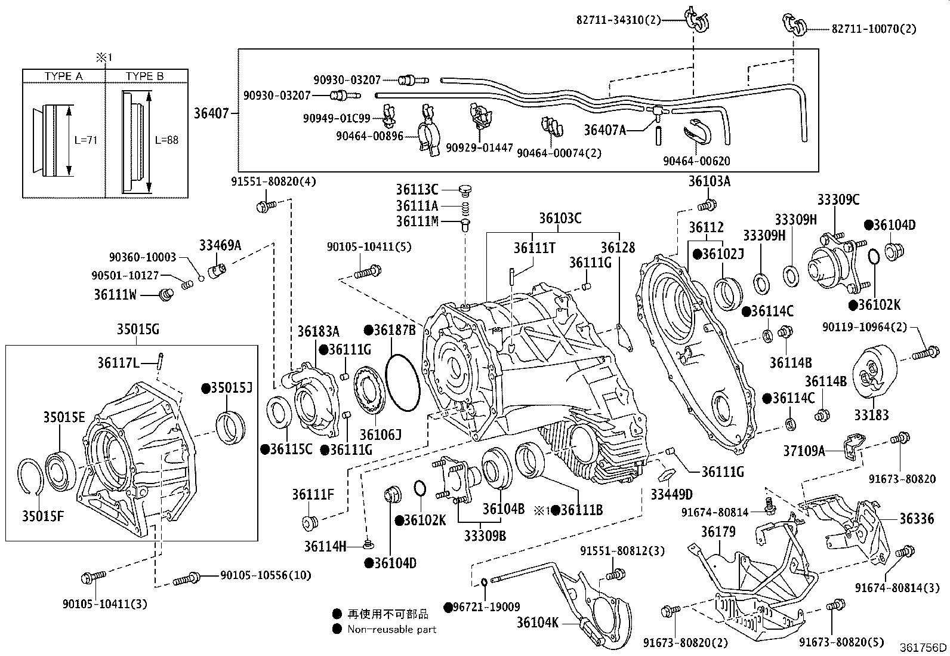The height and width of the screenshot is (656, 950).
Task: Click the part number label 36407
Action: coord(211,112)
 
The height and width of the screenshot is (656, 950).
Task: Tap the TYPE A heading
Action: coord(63,76)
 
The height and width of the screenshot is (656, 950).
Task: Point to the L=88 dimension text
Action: coord(166,140)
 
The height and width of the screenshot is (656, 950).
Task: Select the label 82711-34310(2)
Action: coord(619,20)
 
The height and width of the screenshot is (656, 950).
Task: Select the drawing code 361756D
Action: coord(923,648)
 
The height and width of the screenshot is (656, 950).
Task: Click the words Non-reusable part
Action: coord(392,629)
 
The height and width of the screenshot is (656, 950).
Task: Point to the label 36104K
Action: coord(537,623)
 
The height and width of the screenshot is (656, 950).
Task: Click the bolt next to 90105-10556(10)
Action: coord(187,578)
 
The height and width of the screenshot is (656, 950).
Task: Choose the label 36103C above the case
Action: coord(560,218)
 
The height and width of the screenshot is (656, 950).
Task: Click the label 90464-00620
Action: coord(696,161)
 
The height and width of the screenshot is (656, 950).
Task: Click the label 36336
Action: coord(917,519)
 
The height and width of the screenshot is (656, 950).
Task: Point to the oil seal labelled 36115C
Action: coord(278,415)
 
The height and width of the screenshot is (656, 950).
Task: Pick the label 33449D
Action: coord(671,494)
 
